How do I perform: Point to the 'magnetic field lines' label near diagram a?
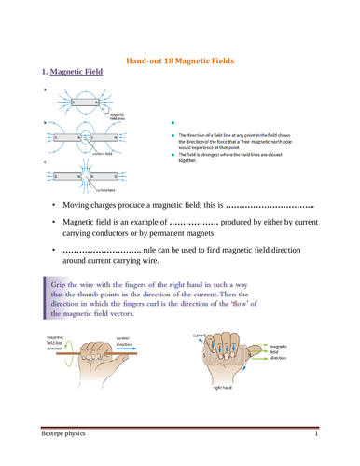(118, 117)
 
